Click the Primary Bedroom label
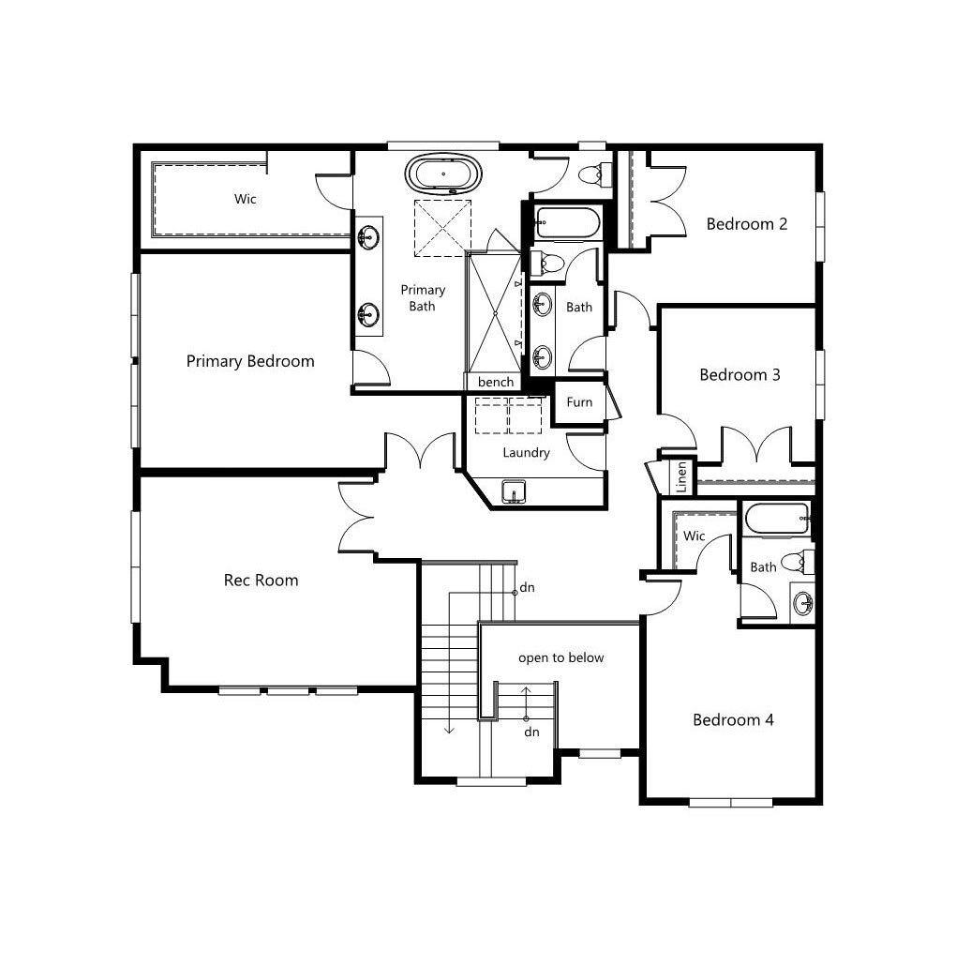[250, 361]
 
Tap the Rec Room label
[261, 580]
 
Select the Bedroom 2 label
[747, 223]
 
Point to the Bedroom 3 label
[739, 374]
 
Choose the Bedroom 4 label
[733, 719]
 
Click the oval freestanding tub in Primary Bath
[443, 174]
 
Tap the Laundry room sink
[514, 491]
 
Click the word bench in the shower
[496, 382]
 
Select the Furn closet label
[579, 402]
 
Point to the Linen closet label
[681, 476]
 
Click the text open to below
[560, 658]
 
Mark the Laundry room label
[526, 453]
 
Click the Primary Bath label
[423, 297]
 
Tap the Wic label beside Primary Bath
[245, 199]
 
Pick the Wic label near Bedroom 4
[694, 536]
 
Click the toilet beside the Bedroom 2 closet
[594, 175]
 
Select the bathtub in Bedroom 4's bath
[777, 519]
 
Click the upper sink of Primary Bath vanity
[368, 235]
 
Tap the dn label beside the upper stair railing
[527, 588]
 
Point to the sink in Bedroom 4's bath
[802, 603]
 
